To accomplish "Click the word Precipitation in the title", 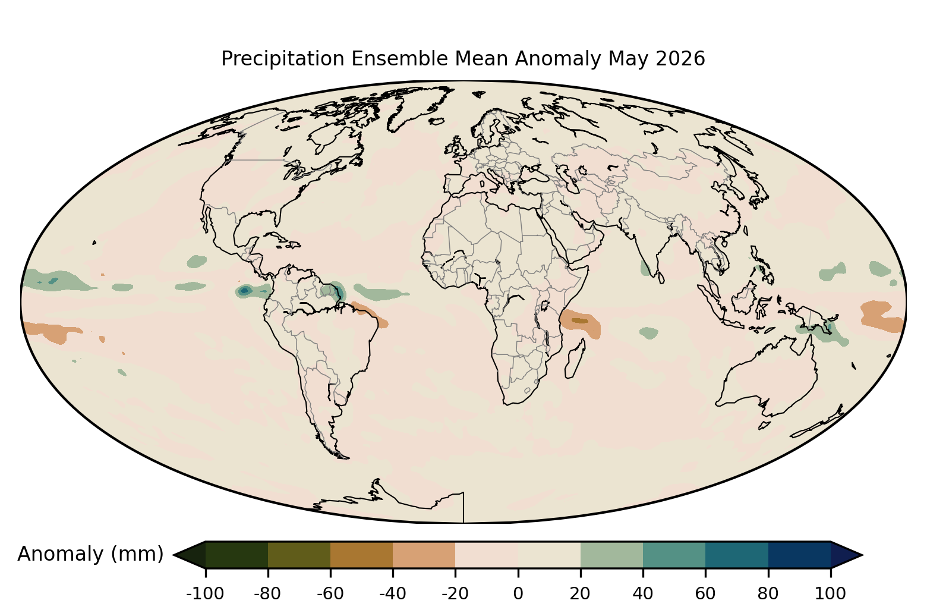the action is [x=283, y=59].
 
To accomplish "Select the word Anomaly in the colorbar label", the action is [x=61, y=554].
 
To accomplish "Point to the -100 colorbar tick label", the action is [x=205, y=594].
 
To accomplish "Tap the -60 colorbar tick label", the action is [x=330, y=594].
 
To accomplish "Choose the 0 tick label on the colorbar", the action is [x=518, y=594].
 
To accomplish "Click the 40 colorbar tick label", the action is [x=643, y=594].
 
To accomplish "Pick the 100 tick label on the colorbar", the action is [x=830, y=594].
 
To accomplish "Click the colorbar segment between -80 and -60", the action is [x=299, y=555].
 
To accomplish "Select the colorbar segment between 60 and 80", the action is [x=737, y=555].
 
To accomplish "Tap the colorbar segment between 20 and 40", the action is [x=611, y=555].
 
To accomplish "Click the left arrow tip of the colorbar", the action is [x=174, y=555].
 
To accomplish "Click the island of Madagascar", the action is [x=575, y=359].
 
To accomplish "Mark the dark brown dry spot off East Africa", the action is [x=580, y=320].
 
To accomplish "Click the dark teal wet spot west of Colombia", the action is [x=244, y=291].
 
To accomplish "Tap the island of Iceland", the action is [x=437, y=121].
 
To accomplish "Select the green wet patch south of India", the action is [x=648, y=332].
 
